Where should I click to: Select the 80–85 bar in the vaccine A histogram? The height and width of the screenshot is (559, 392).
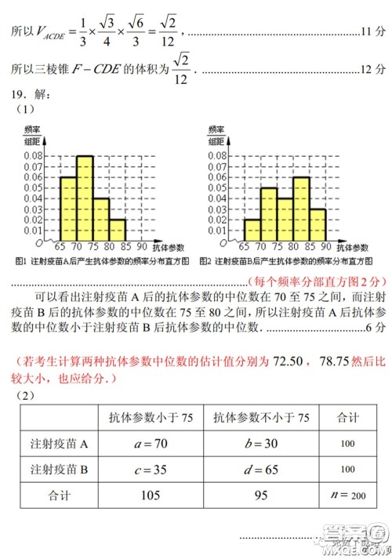click(118, 230)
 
